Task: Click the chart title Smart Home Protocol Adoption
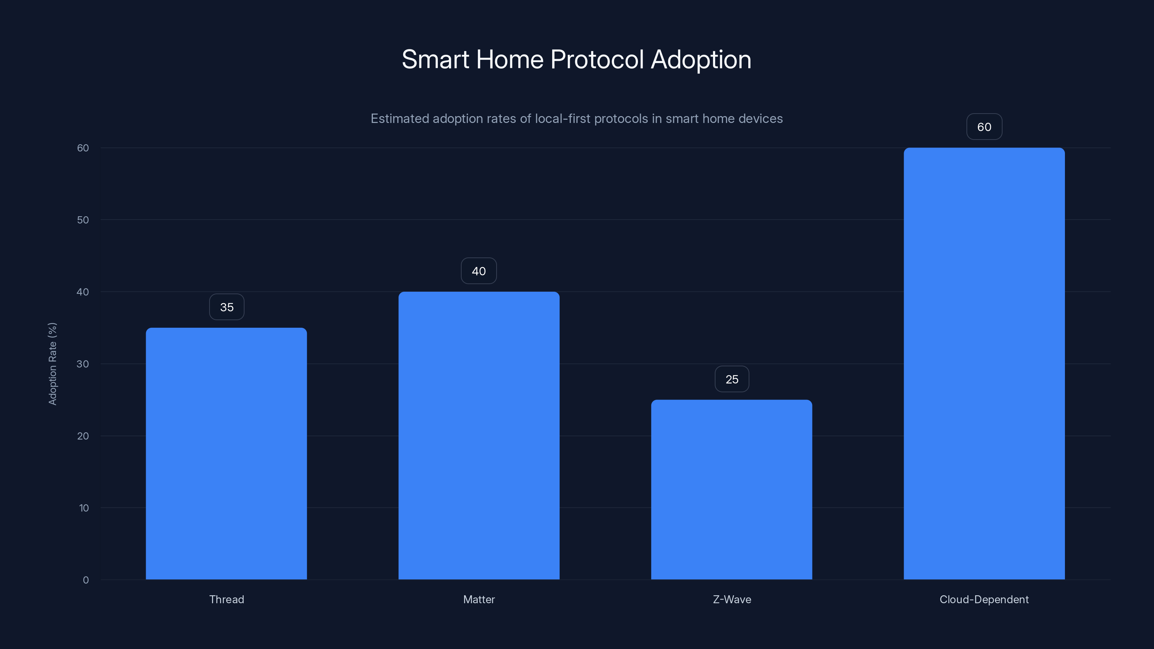tap(577, 59)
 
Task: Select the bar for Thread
tap(226, 453)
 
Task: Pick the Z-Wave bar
tap(732, 490)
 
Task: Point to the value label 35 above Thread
tap(227, 307)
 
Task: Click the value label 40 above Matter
tap(479, 271)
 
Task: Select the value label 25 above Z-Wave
tap(732, 379)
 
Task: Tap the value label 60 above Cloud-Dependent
tap(984, 127)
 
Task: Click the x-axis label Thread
tap(227, 600)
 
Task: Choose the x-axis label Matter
tap(479, 600)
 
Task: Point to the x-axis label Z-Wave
tap(732, 600)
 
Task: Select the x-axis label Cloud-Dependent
tap(984, 600)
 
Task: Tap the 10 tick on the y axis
tap(84, 508)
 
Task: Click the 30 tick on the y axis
tap(83, 364)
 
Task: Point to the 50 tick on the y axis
tap(83, 220)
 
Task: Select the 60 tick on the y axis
tap(83, 148)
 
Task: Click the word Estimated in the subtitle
tap(400, 119)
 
